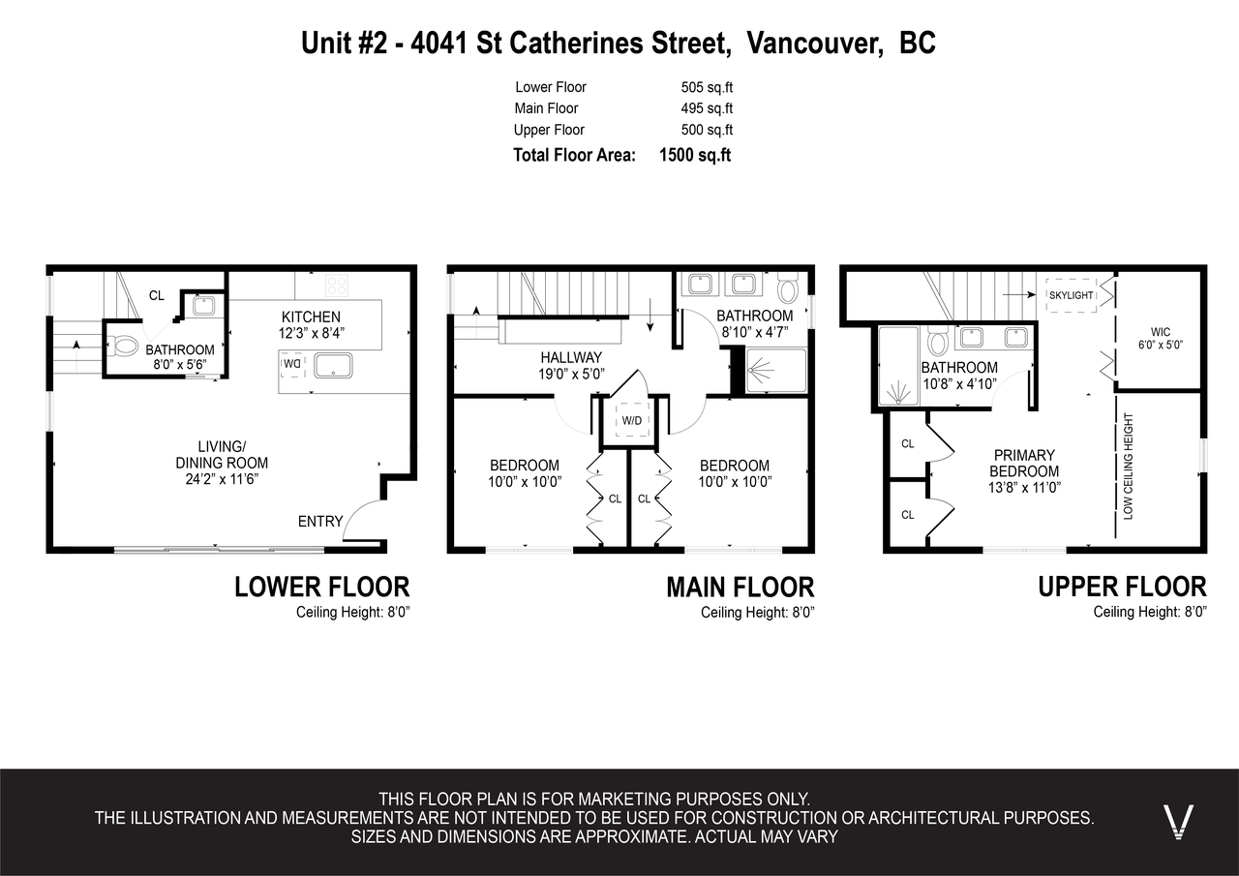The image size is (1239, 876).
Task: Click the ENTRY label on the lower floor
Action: [x=319, y=522]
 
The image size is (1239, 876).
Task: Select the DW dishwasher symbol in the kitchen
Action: [x=291, y=364]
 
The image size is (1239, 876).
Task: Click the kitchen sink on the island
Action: [x=333, y=365]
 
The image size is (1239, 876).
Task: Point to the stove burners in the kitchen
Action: [x=337, y=285]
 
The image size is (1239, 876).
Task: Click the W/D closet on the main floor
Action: [x=631, y=421]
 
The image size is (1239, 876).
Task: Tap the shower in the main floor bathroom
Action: [x=775, y=371]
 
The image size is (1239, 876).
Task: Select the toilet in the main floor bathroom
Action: [x=787, y=287]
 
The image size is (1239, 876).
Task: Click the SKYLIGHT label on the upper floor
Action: [x=1071, y=295]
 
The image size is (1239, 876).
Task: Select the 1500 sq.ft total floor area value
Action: [x=694, y=155]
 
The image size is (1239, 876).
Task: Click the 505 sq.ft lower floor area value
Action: [x=707, y=87]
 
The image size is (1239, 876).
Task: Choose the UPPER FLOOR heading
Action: [x=1122, y=587]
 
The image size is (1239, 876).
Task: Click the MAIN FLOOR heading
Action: [x=740, y=587]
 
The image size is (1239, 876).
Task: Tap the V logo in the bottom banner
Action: [x=1178, y=822]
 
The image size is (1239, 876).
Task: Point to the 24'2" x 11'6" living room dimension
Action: [x=221, y=478]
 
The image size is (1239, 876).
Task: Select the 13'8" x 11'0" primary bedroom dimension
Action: [x=1023, y=487]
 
